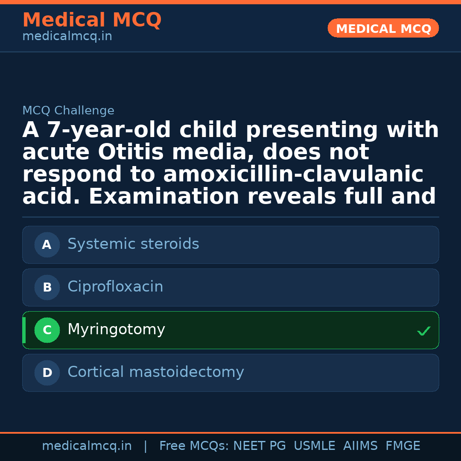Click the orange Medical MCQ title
[x=92, y=20]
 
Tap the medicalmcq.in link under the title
[x=67, y=37]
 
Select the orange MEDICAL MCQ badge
[x=383, y=29]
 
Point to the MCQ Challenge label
[x=68, y=111]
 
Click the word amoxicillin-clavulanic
[x=293, y=175]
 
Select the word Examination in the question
[x=164, y=197]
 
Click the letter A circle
[x=47, y=245]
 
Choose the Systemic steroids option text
[x=133, y=244]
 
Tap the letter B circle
[x=47, y=288]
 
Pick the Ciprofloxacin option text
[x=115, y=287]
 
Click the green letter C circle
[x=47, y=330]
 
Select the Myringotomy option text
[x=116, y=330]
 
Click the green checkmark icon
[x=423, y=331]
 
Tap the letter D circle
[x=47, y=373]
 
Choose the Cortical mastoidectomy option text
[x=156, y=372]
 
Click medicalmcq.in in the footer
[x=87, y=446]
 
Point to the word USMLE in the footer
[x=315, y=446]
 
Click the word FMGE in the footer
[x=403, y=446]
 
